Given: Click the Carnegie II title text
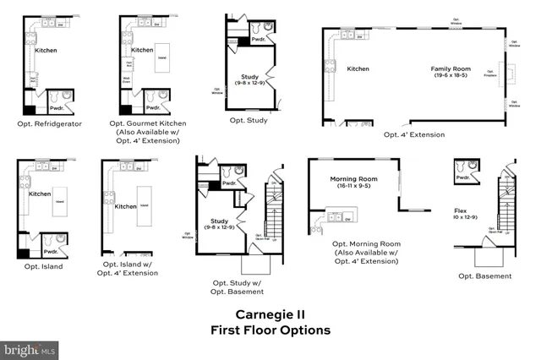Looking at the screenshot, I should click(x=270, y=314).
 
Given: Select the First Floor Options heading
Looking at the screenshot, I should click(x=270, y=330).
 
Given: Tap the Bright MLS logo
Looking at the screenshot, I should click(x=30, y=348).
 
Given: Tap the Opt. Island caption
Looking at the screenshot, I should click(x=40, y=266).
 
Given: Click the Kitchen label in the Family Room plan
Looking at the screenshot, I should click(x=358, y=68).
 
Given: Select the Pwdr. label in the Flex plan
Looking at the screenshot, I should click(x=462, y=178).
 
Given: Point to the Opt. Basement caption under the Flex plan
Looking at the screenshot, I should click(x=484, y=275).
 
